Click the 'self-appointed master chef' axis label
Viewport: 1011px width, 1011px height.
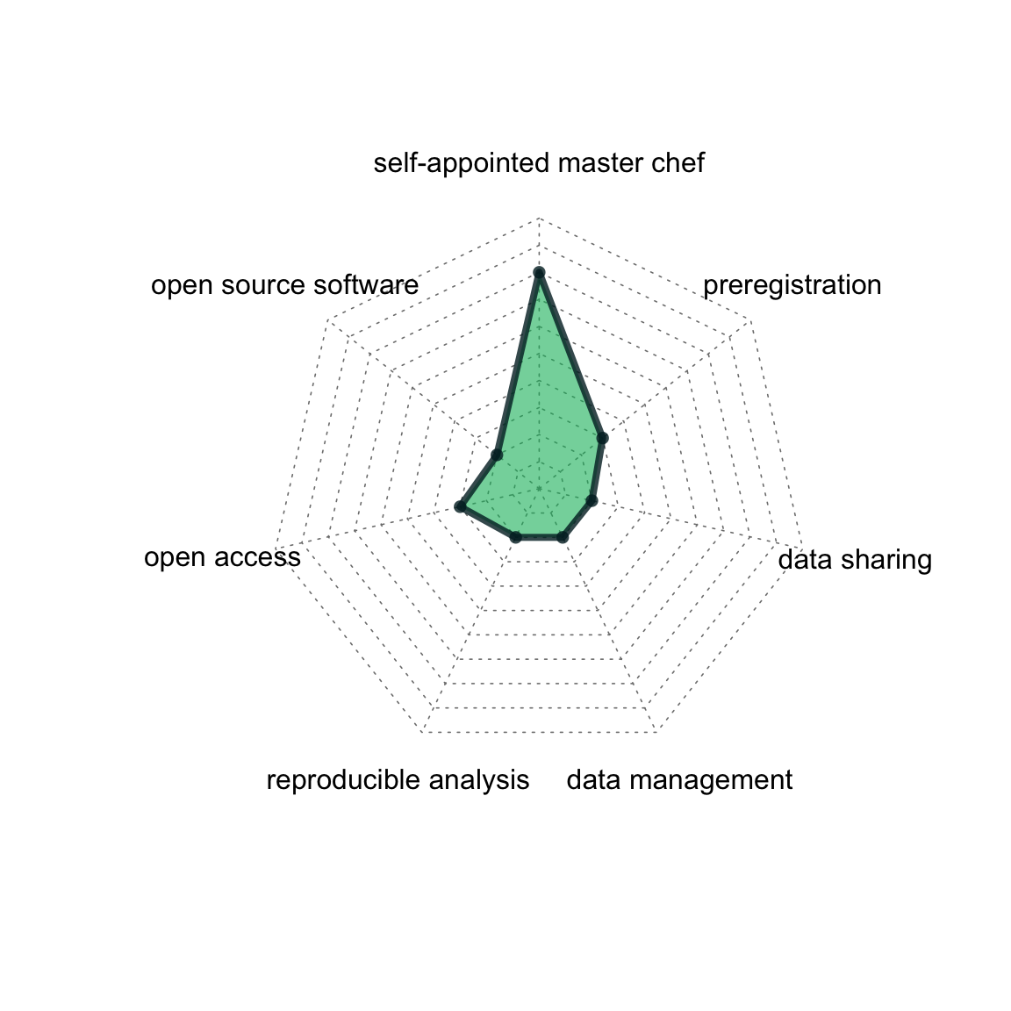coord(539,162)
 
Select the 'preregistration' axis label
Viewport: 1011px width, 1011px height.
coord(792,285)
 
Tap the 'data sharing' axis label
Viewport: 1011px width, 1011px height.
coord(855,560)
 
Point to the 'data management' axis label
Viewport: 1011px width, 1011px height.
coord(679,780)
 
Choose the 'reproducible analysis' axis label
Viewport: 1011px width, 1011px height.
coord(398,780)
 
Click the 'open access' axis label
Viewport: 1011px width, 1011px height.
coord(222,557)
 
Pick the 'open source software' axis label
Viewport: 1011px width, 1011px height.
coord(285,285)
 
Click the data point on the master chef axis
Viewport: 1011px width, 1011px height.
coord(539,273)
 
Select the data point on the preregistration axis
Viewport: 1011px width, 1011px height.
coord(602,439)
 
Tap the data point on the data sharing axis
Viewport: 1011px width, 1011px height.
coord(592,501)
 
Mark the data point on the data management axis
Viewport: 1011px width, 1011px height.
coord(563,536)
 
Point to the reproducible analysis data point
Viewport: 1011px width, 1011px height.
coord(515,536)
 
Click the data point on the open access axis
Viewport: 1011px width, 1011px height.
coord(460,506)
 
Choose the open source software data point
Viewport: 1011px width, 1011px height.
coord(497,455)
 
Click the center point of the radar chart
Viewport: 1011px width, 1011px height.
coord(539,490)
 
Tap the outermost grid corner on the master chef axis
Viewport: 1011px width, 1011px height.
coord(539,219)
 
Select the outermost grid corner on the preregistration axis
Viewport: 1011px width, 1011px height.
coord(750,320)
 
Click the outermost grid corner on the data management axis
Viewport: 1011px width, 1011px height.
coord(656,733)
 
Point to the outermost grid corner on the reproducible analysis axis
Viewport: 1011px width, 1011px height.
coord(421,733)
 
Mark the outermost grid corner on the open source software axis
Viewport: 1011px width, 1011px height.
coord(327,320)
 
